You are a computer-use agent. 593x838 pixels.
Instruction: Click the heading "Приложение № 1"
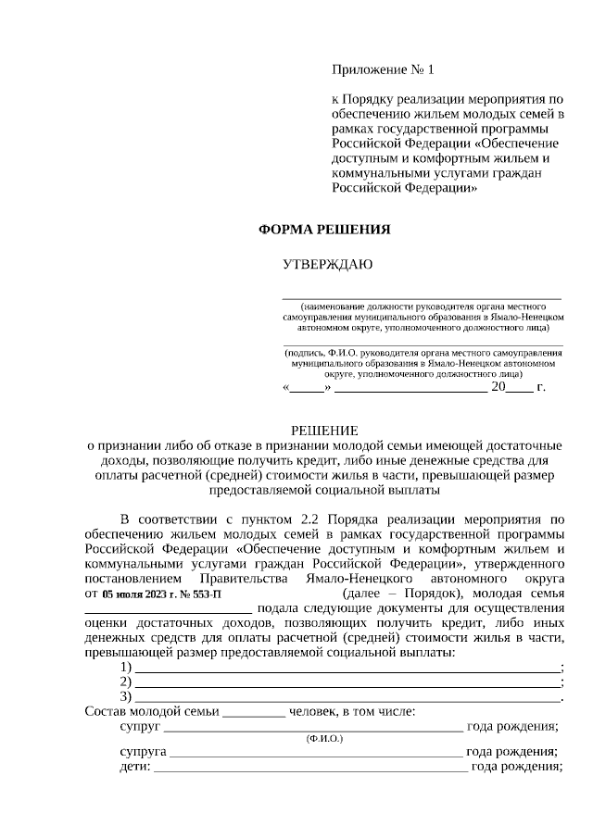coord(383,69)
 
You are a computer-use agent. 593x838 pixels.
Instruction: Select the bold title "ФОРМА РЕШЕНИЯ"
coord(323,230)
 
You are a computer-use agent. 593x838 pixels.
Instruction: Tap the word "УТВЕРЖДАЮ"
coord(327,265)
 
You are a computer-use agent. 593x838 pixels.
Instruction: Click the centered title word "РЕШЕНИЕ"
coord(323,431)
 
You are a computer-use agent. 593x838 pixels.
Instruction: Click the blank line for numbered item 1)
coord(347,668)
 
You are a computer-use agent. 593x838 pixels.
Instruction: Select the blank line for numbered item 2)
coord(347,682)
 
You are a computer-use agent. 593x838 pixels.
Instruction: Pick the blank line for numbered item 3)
coord(347,697)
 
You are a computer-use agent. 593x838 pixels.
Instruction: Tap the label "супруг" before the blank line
coord(139,726)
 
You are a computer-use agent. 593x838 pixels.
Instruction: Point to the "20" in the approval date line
coord(498,387)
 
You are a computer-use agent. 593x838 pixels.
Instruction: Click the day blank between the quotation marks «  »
coord(307,388)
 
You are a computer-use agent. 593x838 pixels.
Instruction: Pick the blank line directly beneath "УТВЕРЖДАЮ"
coord(422,297)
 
